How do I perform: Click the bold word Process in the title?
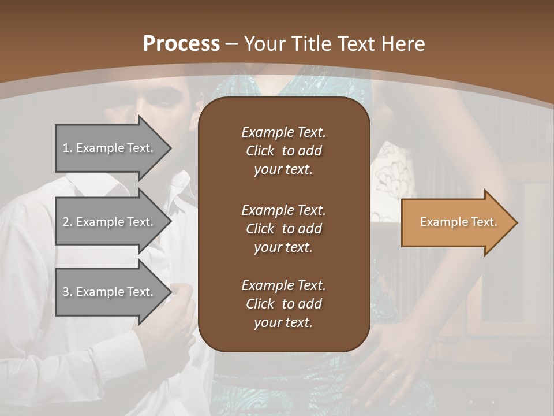point(181,44)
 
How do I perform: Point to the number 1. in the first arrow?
point(67,148)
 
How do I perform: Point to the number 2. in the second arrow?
point(68,222)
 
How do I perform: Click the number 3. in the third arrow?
point(68,292)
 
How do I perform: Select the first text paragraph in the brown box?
point(283,151)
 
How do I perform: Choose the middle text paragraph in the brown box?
point(283,229)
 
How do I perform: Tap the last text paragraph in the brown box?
point(283,304)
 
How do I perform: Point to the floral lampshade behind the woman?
point(392,179)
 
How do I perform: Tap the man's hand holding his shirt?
point(173,318)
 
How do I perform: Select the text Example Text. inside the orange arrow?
point(458,222)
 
